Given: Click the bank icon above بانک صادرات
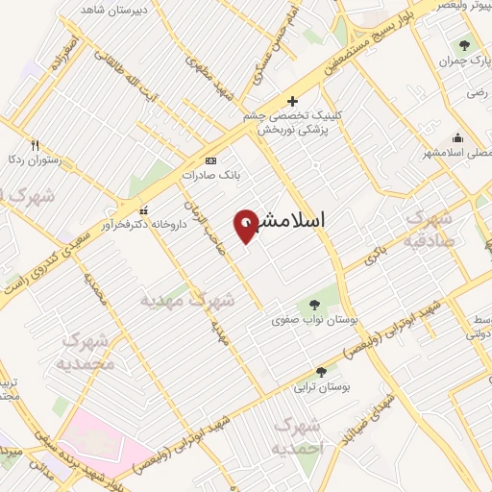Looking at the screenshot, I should tap(211, 160).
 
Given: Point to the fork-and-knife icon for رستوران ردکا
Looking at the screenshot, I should tap(36, 145).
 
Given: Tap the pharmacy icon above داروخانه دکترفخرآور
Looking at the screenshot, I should tap(144, 210).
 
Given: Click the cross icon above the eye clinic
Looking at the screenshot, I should tap(293, 100).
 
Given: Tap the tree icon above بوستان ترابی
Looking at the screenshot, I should tap(321, 371).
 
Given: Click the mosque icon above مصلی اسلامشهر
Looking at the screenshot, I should tap(456, 136).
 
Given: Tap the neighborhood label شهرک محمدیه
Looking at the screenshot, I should tap(89, 352).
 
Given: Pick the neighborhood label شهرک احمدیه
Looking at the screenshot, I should tap(298, 437).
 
